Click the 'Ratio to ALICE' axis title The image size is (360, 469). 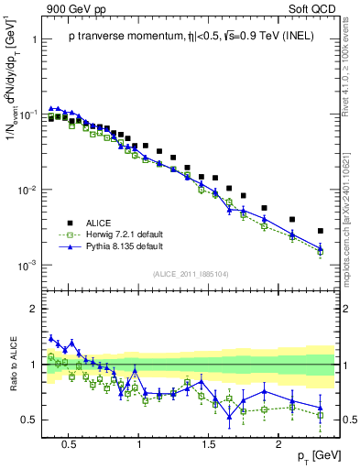click(14, 364)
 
